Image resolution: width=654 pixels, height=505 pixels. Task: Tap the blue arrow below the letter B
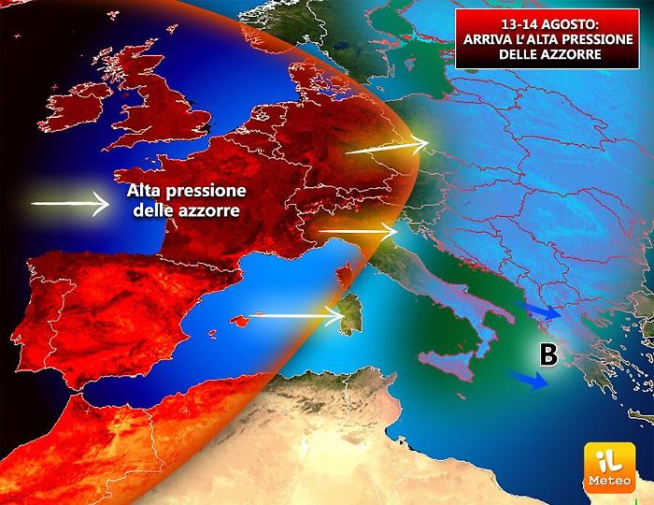[528, 380]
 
